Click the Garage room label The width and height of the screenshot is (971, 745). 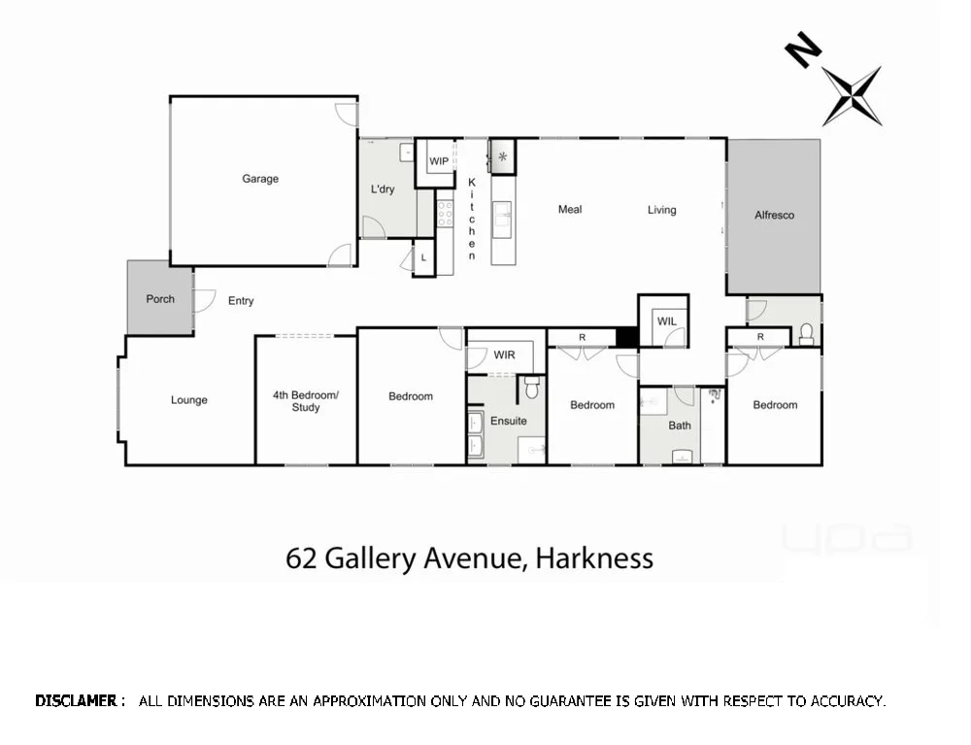pyautogui.click(x=260, y=179)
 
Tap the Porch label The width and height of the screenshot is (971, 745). pyautogui.click(x=160, y=299)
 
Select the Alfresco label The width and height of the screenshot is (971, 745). pyautogui.click(x=774, y=216)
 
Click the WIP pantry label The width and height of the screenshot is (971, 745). pyautogui.click(x=439, y=161)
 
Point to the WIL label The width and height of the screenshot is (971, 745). pyautogui.click(x=666, y=322)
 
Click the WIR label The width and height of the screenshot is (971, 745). pyautogui.click(x=504, y=356)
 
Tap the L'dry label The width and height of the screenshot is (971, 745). pyautogui.click(x=383, y=190)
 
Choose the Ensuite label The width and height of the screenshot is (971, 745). pyautogui.click(x=508, y=422)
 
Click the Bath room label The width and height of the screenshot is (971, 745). pyautogui.click(x=680, y=425)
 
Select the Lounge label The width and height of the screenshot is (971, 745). pyautogui.click(x=189, y=400)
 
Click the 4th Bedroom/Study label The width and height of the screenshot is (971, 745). pyautogui.click(x=306, y=401)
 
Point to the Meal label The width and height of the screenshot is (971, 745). pyautogui.click(x=570, y=210)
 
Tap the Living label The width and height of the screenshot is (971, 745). pyautogui.click(x=662, y=210)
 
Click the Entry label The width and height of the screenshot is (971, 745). pyautogui.click(x=241, y=301)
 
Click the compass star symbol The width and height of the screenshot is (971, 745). pyautogui.click(x=852, y=95)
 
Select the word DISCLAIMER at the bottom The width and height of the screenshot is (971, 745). pyautogui.click(x=80, y=700)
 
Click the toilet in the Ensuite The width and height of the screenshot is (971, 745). pyautogui.click(x=530, y=389)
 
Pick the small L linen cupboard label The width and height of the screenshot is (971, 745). pyautogui.click(x=423, y=257)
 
